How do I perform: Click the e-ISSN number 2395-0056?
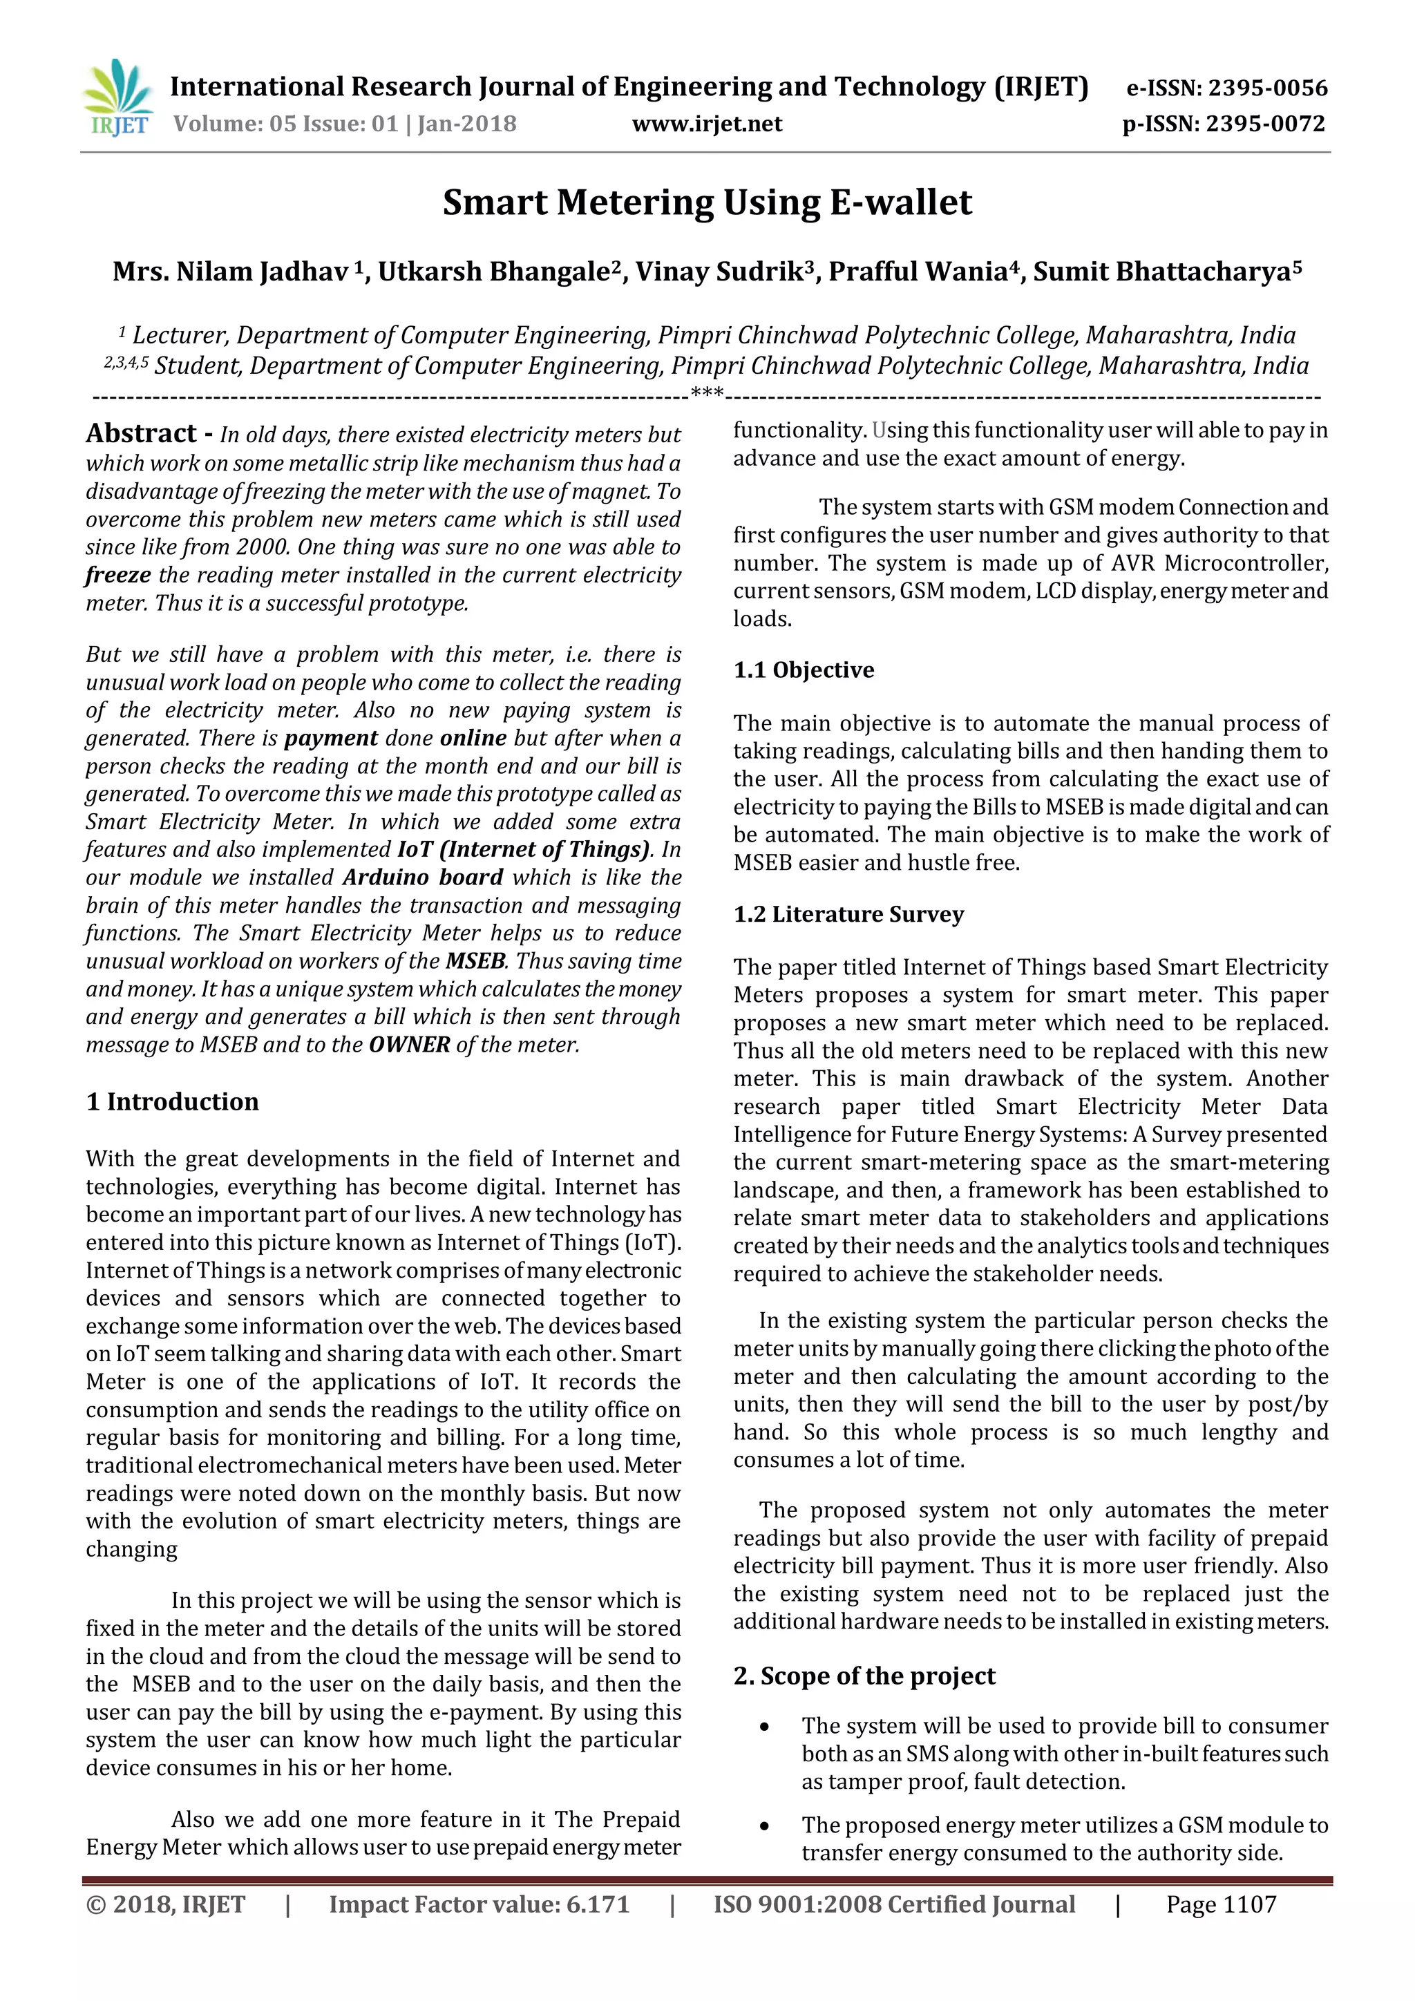coord(1267,88)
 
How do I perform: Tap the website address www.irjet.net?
coord(707,124)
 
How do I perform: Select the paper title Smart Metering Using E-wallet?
coord(707,202)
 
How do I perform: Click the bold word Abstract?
coord(141,433)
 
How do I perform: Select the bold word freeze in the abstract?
coord(117,575)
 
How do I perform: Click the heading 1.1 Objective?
coord(804,670)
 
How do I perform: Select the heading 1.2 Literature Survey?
coord(848,914)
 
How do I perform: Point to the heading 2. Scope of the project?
coord(864,1676)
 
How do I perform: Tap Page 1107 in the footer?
coord(1221,1904)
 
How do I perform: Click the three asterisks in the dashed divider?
coord(707,395)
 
